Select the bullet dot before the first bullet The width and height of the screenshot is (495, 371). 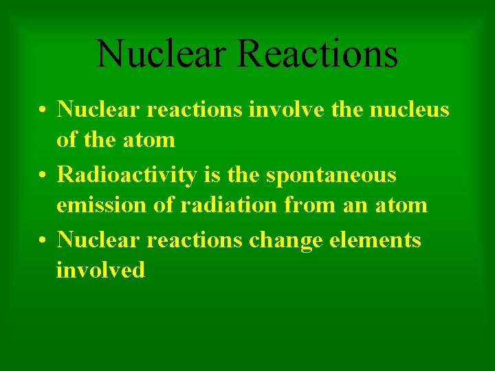43,109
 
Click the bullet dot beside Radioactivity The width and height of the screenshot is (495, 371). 43,175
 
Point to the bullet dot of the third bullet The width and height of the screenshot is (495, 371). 43,240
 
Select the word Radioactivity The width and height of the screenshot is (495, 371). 129,175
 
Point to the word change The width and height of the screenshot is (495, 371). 285,241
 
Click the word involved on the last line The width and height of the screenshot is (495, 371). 100,271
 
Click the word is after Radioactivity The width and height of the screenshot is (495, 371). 212,175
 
